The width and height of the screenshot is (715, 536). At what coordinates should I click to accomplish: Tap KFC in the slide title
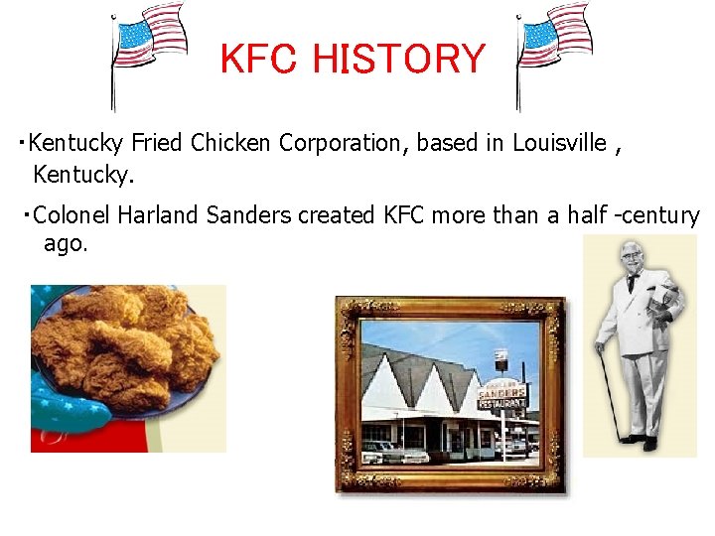tap(260, 60)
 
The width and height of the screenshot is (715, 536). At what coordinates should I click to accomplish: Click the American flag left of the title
tap(149, 40)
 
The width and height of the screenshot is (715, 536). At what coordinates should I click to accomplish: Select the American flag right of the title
tap(554, 40)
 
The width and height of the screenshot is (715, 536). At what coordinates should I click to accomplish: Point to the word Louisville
tap(559, 143)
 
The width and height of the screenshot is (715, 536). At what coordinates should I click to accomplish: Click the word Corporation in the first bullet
tap(343, 143)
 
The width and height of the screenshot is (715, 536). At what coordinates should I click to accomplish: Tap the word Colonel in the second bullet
tap(71, 214)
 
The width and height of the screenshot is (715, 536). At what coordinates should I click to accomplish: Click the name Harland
tap(159, 214)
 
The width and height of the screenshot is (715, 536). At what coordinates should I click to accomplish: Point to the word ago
tap(66, 243)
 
